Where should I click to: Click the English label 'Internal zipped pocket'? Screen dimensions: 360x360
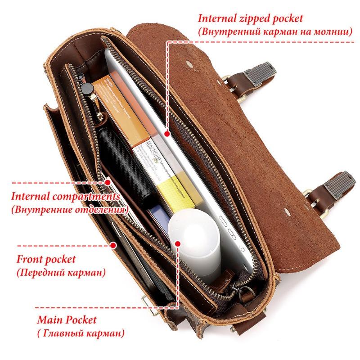(x=250, y=18)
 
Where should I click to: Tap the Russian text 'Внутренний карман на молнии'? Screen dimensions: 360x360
(x=275, y=31)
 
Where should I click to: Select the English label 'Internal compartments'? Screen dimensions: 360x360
(x=65, y=197)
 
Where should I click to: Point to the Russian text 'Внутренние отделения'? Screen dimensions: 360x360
(x=69, y=209)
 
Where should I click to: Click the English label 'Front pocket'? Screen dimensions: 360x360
(x=46, y=260)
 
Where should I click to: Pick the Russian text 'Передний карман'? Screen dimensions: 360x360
(x=61, y=273)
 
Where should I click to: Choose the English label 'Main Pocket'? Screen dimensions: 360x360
(x=67, y=320)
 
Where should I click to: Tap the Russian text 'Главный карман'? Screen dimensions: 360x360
(x=81, y=333)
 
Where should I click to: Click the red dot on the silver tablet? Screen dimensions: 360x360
(x=167, y=134)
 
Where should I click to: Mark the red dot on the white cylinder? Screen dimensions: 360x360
(x=178, y=243)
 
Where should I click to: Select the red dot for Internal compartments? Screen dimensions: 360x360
(x=108, y=183)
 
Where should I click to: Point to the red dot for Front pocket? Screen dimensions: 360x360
(x=113, y=245)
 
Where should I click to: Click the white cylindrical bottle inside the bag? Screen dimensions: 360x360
(x=195, y=243)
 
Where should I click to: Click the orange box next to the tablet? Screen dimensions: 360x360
(x=121, y=110)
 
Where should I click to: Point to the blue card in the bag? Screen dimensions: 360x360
(x=160, y=218)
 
